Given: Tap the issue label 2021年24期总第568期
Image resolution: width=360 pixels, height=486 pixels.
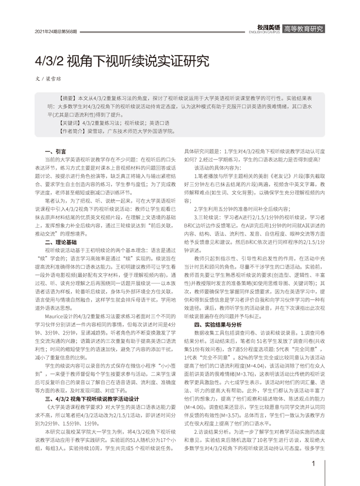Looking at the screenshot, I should click(x=56, y=31).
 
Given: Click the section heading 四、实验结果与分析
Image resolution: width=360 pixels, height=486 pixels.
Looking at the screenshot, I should click(x=217, y=323).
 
